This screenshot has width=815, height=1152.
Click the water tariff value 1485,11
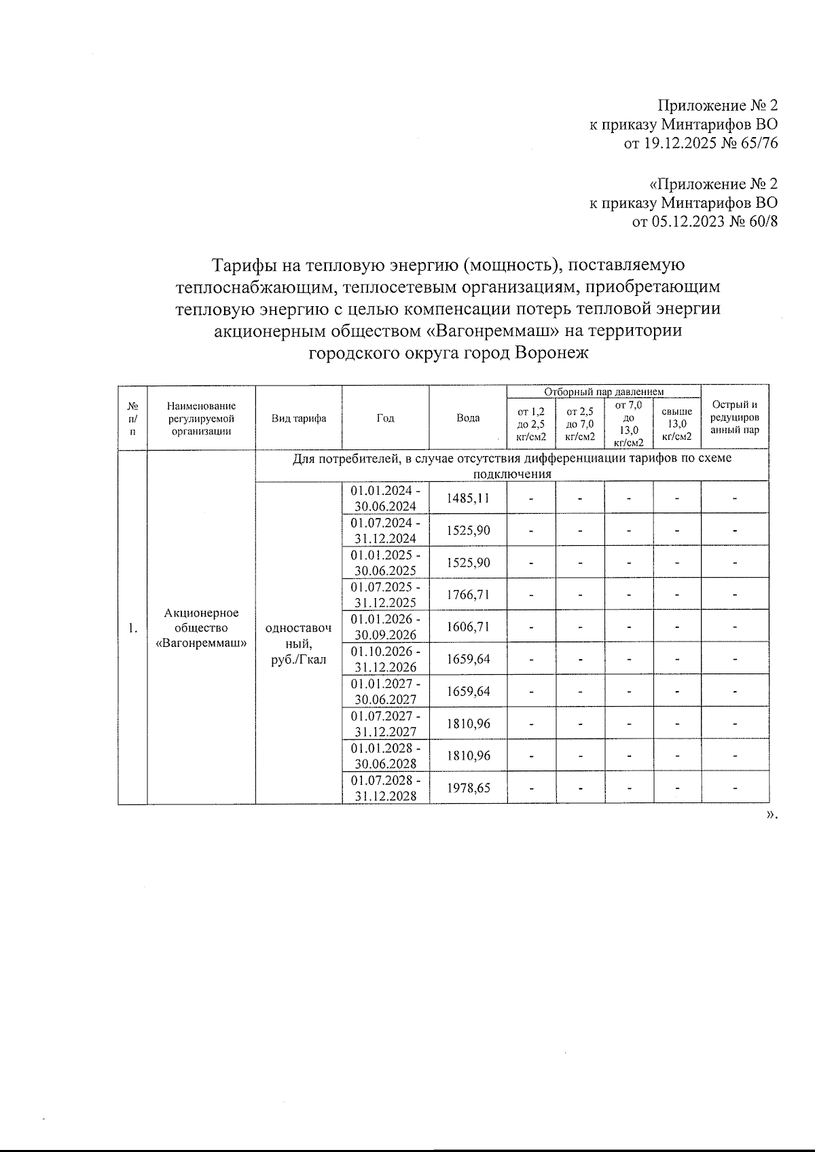[x=468, y=498]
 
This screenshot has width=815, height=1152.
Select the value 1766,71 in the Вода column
[x=468, y=595]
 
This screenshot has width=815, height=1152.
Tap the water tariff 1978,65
[x=468, y=787]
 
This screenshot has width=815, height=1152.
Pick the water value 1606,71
[x=468, y=627]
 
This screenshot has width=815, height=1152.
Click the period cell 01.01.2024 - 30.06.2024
[x=385, y=498]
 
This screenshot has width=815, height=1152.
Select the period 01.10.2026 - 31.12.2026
[x=385, y=659]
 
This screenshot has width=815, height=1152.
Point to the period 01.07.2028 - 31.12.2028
[x=385, y=787]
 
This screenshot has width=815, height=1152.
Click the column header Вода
[x=468, y=418]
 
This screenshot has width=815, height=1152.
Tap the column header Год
[x=385, y=418]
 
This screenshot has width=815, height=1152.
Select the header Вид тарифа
[x=299, y=418]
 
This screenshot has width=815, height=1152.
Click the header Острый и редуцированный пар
[x=735, y=417]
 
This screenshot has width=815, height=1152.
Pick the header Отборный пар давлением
[x=604, y=391]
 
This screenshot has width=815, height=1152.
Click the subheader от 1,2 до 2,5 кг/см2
[x=531, y=424]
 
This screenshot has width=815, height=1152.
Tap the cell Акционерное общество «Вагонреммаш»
[x=201, y=627]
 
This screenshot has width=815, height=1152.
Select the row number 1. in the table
[x=133, y=627]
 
